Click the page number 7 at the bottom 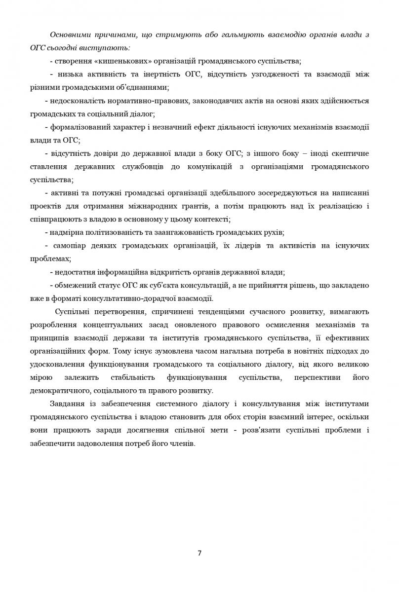coord(199,553)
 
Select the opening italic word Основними coord(69,35)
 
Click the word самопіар coord(69,246)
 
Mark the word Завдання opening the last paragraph coord(65,404)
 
